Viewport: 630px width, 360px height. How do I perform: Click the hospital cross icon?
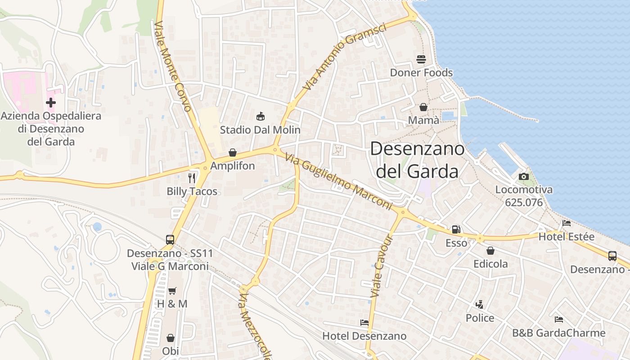pyautogui.click(x=51, y=103)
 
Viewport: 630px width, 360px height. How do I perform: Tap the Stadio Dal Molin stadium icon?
pyautogui.click(x=260, y=117)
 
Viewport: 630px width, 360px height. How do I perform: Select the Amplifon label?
pyautogui.click(x=233, y=166)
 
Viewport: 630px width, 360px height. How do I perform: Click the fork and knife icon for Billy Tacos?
pyautogui.click(x=192, y=178)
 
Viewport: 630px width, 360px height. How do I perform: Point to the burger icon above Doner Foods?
pyautogui.click(x=421, y=59)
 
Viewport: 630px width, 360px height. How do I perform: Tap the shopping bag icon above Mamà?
pyautogui.click(x=423, y=107)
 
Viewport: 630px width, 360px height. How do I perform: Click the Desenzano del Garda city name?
pyautogui.click(x=417, y=160)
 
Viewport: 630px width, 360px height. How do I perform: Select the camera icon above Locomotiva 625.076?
pyautogui.click(x=524, y=177)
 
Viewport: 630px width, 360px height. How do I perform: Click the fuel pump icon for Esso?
pyautogui.click(x=456, y=229)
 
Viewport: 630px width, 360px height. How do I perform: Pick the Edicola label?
pyautogui.click(x=490, y=264)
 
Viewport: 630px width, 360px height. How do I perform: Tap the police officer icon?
pyautogui.click(x=480, y=305)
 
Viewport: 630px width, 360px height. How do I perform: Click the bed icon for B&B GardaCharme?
pyautogui.click(x=559, y=319)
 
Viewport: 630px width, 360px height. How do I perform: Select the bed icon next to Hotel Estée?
pyautogui.click(x=567, y=223)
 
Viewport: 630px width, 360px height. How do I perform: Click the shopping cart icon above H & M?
pyautogui.click(x=172, y=291)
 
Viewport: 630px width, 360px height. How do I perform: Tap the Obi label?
pyautogui.click(x=171, y=351)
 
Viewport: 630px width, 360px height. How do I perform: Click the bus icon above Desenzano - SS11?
pyautogui.click(x=170, y=240)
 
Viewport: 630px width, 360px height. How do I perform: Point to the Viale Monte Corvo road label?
pyautogui.click(x=173, y=66)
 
